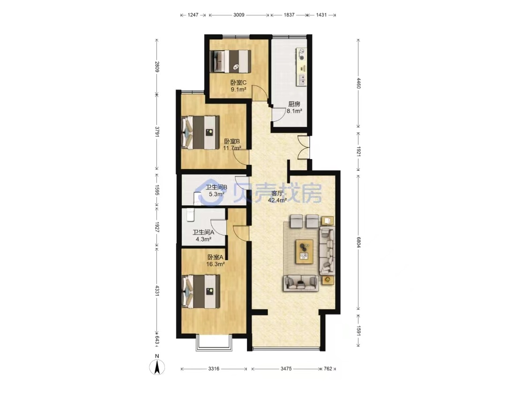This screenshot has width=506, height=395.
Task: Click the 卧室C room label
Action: pyautogui.click(x=238, y=82)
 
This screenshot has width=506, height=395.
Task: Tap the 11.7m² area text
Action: pyautogui.click(x=232, y=148)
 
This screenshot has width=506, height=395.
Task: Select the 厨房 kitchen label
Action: pyautogui.click(x=294, y=104)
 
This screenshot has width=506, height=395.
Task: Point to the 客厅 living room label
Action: pyautogui.click(x=277, y=193)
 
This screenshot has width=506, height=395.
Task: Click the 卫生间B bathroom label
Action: pyautogui.click(x=216, y=187)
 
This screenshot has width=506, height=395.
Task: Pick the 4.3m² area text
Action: pyautogui.click(x=203, y=239)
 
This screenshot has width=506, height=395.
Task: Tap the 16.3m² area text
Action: pyautogui.click(x=215, y=264)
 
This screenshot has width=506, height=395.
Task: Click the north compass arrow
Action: pyautogui.click(x=157, y=367)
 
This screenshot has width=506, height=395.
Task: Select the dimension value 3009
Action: pyautogui.click(x=239, y=15)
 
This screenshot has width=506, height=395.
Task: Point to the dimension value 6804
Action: pyautogui.click(x=358, y=242)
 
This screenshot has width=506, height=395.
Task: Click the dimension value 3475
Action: pyautogui.click(x=286, y=369)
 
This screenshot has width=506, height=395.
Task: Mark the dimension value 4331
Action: pyautogui.click(x=157, y=290)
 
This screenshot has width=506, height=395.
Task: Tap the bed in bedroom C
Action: pyautogui.click(x=230, y=61)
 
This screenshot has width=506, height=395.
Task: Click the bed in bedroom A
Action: pyautogui.click(x=201, y=291)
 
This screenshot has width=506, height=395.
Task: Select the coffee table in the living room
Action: pyautogui.click(x=304, y=251)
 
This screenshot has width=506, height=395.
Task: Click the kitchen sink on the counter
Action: pyautogui.click(x=302, y=79)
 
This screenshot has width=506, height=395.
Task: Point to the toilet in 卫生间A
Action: pyautogui.click(x=190, y=215)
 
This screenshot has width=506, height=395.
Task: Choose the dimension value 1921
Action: pyautogui.click(x=358, y=152)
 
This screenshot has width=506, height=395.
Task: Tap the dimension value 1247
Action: pyautogui.click(x=193, y=15)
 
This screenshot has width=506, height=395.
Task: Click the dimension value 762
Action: pyautogui.click(x=328, y=369)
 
